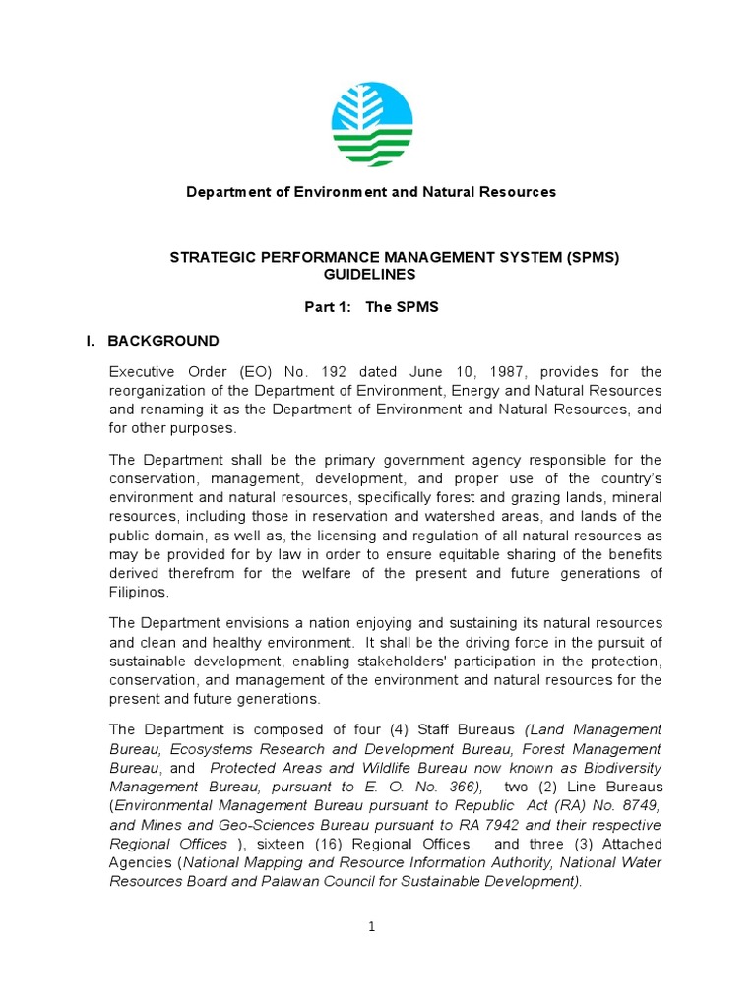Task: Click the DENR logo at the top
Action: tap(373, 125)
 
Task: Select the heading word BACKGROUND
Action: tap(163, 341)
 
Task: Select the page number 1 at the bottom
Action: tap(372, 926)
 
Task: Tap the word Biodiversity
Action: tap(607, 768)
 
